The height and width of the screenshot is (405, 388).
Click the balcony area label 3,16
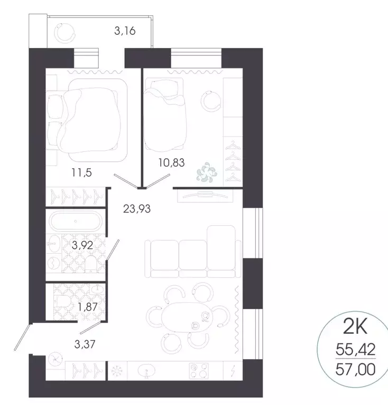coord(125,31)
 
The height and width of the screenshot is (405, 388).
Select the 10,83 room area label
coord(171,163)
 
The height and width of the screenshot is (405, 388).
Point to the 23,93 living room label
coord(137,208)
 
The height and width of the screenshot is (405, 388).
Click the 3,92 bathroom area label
coord(82,244)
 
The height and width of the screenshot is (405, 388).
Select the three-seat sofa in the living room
coord(190,252)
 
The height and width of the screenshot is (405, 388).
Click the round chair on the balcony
coord(66,33)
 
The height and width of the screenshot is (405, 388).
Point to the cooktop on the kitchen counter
coord(202,370)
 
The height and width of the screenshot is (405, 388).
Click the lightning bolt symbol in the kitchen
coord(233,370)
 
